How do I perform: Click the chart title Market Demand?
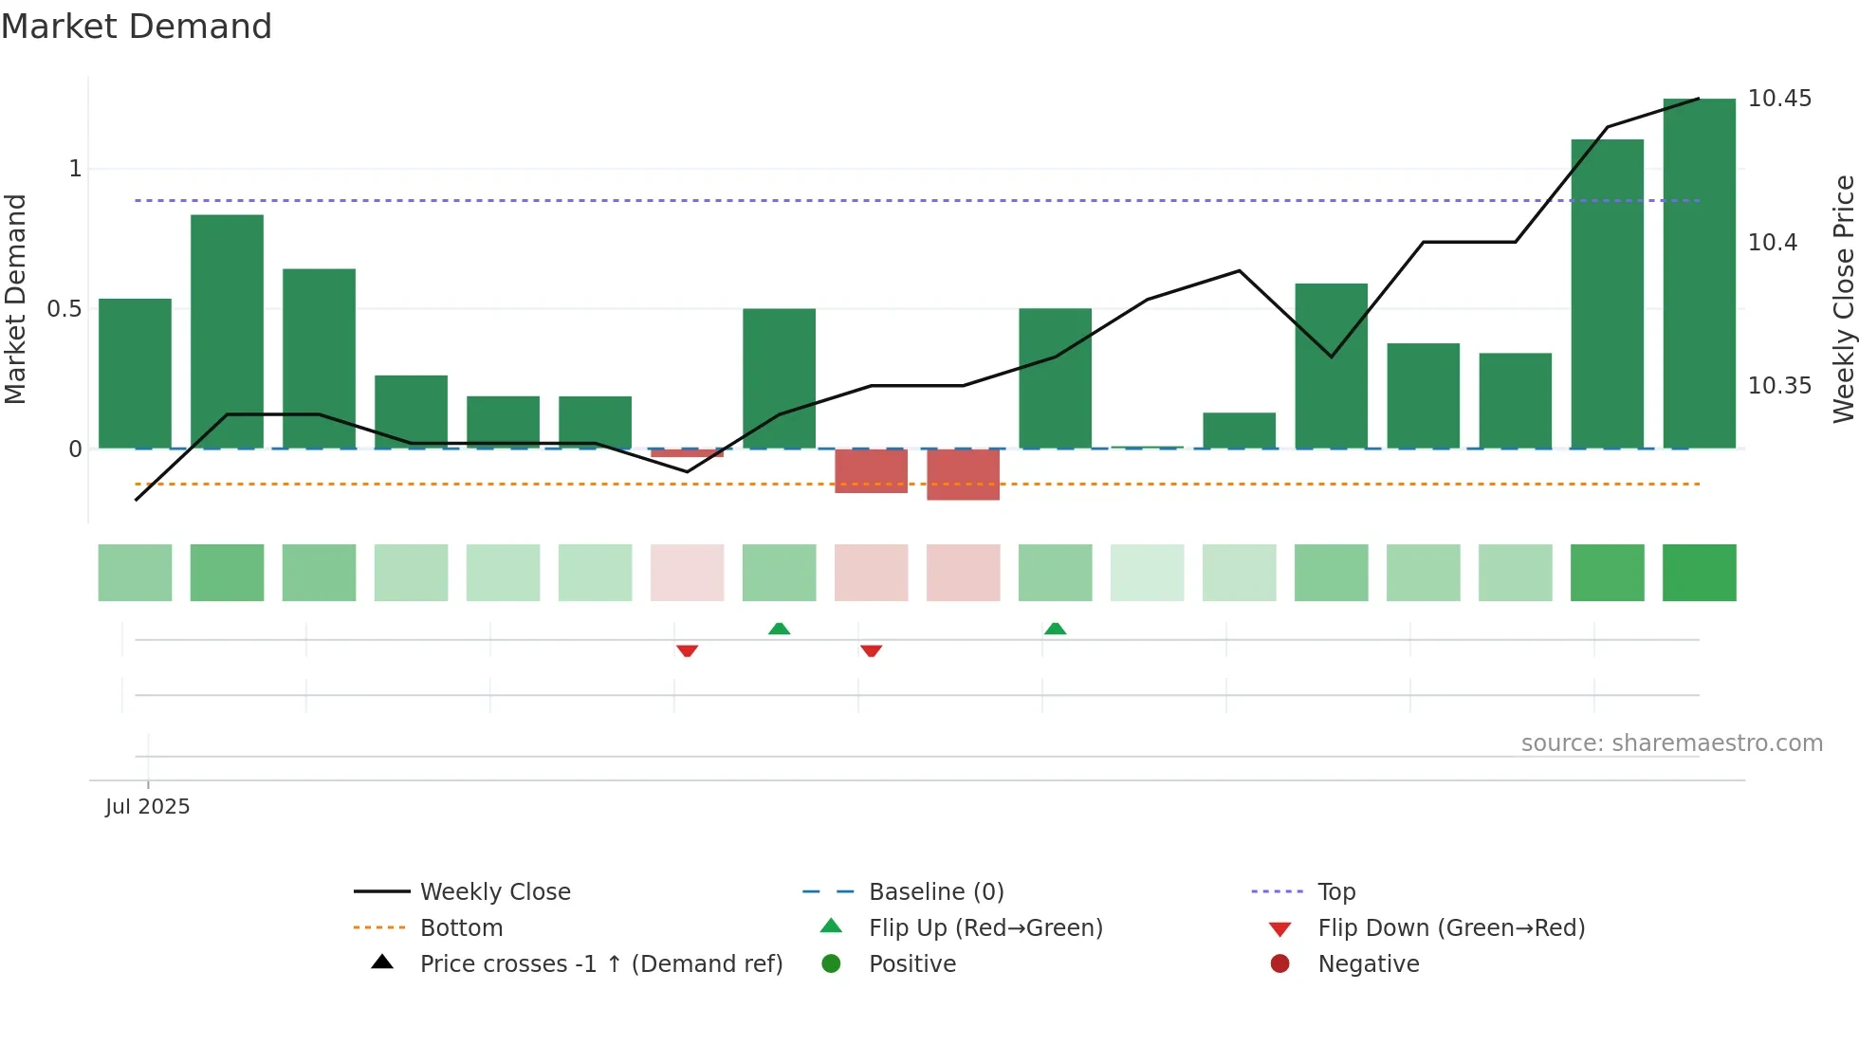tap(137, 27)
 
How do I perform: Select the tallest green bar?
tap(1699, 275)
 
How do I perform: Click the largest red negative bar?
tap(963, 474)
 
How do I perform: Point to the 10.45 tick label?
tap(1779, 99)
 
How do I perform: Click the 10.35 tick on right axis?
tap(1779, 386)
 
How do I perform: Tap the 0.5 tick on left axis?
tap(64, 309)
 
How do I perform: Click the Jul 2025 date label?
tap(148, 807)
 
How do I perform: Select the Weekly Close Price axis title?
tap(1843, 299)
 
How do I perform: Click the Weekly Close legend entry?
tap(495, 892)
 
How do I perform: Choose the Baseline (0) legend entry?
tap(935, 892)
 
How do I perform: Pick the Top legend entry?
tap(1335, 892)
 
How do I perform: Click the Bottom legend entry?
tap(461, 928)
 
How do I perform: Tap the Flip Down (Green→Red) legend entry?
tap(1450, 928)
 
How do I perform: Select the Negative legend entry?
tap(1368, 964)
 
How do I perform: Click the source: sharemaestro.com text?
tap(1671, 743)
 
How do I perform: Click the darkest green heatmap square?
tap(1699, 573)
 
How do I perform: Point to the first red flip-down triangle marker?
tap(687, 651)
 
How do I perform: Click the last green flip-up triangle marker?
tap(1055, 629)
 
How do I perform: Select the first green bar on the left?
tap(135, 375)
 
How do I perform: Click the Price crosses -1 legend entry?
tap(600, 964)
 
